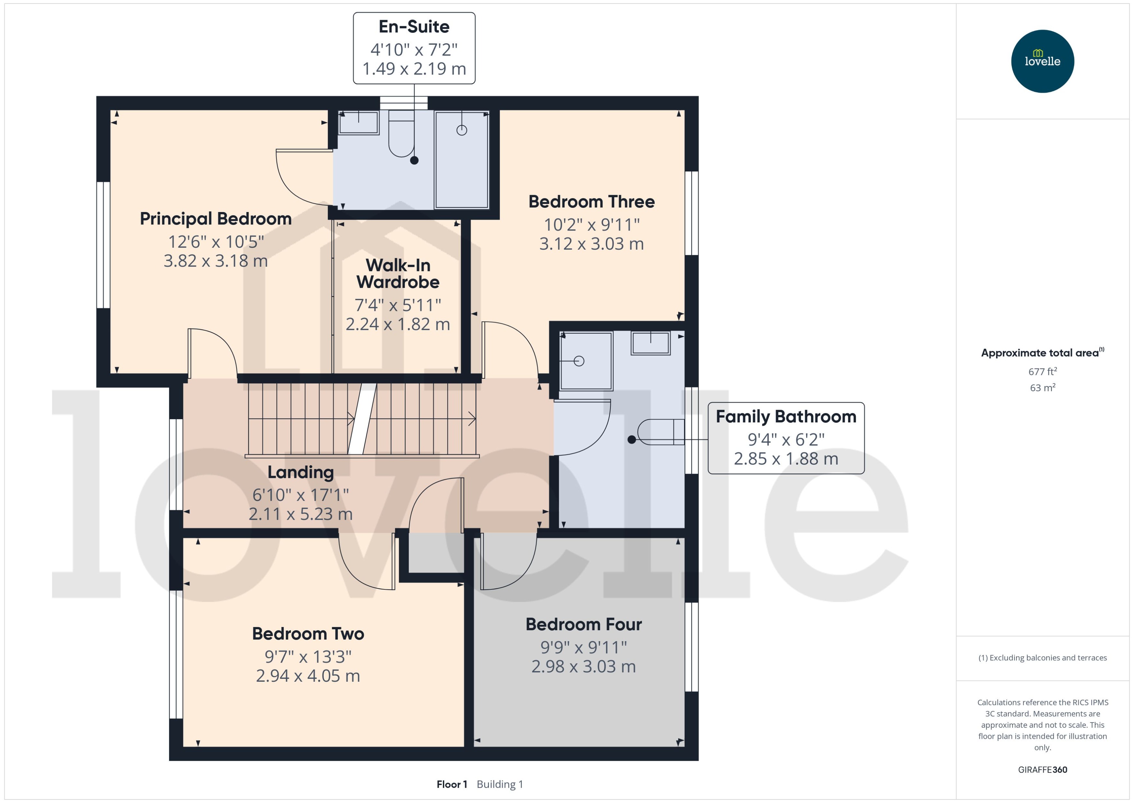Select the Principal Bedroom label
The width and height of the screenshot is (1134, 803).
pos(215,218)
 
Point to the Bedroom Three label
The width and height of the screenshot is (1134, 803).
pos(591,202)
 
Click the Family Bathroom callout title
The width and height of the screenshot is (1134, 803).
pos(786,417)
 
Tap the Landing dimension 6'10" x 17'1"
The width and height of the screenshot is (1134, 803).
pos(300,494)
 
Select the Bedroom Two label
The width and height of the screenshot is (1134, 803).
pos(308,634)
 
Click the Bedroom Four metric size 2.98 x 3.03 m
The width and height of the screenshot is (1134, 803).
pos(583,667)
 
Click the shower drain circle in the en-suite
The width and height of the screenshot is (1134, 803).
pos(461,131)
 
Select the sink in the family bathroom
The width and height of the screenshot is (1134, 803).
pos(650,343)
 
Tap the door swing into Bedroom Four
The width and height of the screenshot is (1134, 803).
pos(509,564)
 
